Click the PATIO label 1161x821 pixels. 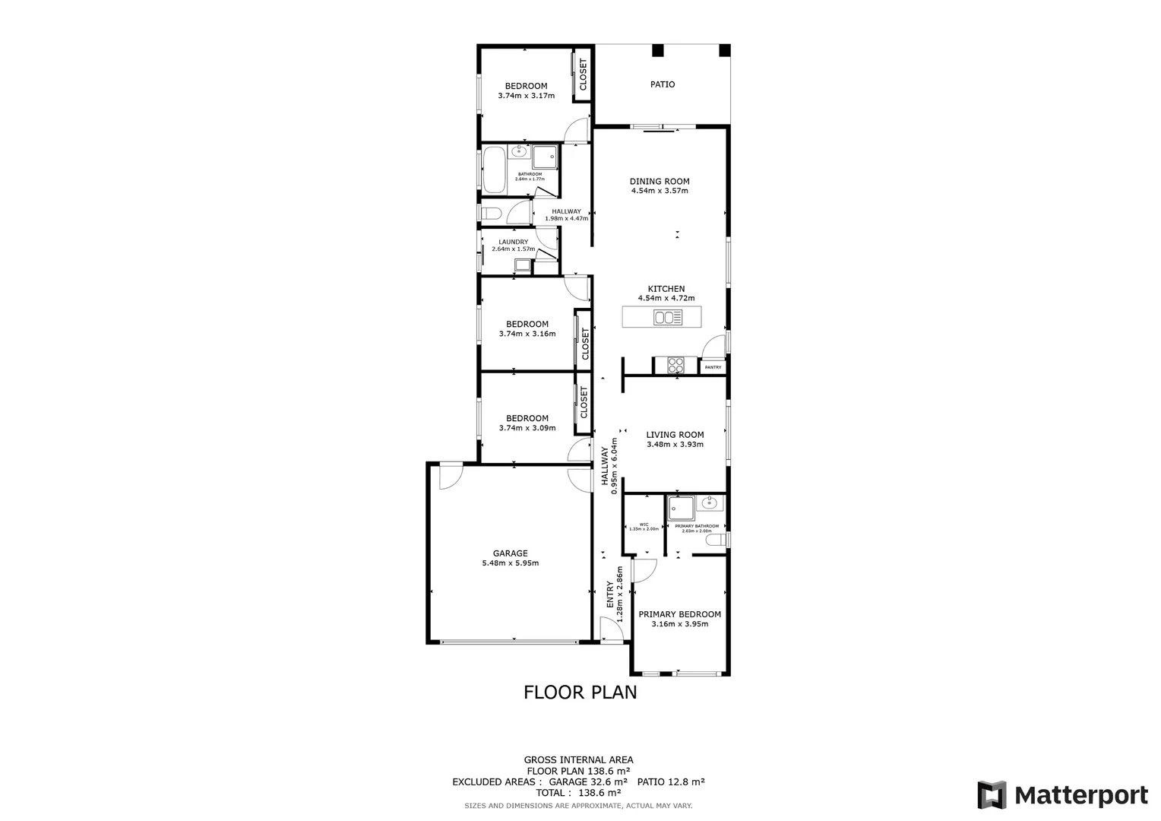click(662, 84)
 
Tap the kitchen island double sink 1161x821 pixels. click(668, 318)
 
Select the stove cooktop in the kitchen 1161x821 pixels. click(675, 366)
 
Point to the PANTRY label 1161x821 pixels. click(713, 367)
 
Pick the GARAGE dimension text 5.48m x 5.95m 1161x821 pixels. click(510, 563)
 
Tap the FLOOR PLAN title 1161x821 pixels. click(580, 693)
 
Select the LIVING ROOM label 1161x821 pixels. click(675, 435)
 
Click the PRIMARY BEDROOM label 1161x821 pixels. click(679, 614)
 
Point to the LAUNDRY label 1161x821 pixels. click(513, 242)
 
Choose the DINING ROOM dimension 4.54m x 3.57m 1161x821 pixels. click(659, 191)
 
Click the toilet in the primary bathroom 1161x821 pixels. click(717, 540)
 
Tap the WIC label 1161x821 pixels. click(644, 524)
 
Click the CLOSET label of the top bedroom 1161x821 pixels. click(583, 74)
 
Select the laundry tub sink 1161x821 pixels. click(523, 265)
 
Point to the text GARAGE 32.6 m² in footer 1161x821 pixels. click(590, 781)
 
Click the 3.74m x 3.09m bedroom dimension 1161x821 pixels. click(527, 428)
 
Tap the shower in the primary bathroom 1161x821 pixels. click(681, 508)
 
